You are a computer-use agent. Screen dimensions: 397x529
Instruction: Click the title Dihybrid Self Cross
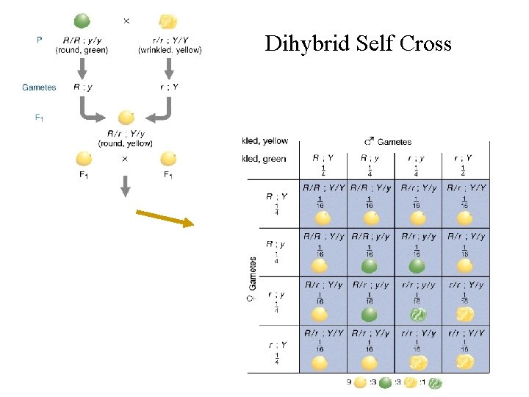tap(358, 43)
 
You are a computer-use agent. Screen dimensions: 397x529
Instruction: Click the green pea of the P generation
tap(82, 21)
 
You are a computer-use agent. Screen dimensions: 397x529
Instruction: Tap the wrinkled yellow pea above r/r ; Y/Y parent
tap(168, 21)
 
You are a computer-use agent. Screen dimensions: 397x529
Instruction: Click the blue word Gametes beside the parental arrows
tap(39, 87)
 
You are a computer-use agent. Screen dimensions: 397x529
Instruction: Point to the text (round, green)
tap(82, 50)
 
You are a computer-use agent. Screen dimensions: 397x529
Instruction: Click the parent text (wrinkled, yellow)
tap(170, 50)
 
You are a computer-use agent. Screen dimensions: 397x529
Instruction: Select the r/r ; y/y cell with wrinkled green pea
tap(418, 299)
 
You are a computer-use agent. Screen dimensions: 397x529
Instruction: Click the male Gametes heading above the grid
tap(388, 142)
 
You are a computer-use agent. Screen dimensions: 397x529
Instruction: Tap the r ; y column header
tap(417, 162)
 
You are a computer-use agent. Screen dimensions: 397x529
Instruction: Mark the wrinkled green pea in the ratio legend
tap(436, 382)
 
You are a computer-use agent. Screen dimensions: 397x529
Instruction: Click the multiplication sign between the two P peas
tap(126, 21)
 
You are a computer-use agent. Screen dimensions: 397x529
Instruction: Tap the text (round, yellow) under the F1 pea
tap(126, 143)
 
